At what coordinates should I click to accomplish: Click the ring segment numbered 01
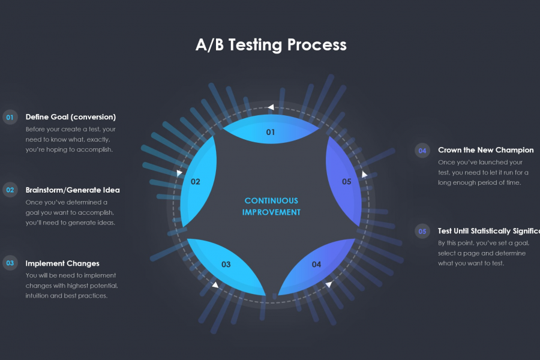click(271, 130)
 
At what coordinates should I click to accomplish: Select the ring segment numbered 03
click(227, 264)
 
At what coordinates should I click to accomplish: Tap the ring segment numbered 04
click(316, 264)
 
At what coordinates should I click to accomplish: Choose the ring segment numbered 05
click(346, 182)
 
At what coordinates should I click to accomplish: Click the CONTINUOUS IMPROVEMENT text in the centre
click(271, 206)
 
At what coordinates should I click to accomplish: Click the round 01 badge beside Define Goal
click(10, 117)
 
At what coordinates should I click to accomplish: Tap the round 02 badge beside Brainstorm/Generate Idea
click(10, 190)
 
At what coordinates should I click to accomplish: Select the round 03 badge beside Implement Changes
click(10, 263)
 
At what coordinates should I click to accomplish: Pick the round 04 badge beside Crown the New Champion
click(422, 151)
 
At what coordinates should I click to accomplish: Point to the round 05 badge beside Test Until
click(422, 231)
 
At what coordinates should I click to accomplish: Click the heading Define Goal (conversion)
click(71, 117)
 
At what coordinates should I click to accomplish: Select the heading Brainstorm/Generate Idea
click(73, 190)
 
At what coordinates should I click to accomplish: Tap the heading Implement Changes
click(62, 263)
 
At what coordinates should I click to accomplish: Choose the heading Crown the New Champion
click(485, 150)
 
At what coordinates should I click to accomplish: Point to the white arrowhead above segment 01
click(271, 107)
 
